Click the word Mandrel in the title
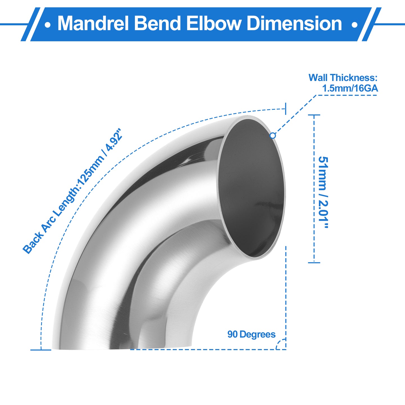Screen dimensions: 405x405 (x=93, y=23)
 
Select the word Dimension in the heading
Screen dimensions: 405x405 (x=294, y=23)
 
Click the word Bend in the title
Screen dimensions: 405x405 (x=157, y=23)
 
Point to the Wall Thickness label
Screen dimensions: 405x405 (x=343, y=78)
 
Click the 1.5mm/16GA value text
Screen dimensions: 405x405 (x=350, y=88)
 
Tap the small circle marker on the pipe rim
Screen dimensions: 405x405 (x=273, y=136)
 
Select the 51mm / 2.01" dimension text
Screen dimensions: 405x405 (x=323, y=192)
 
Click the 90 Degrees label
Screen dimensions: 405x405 (x=251, y=334)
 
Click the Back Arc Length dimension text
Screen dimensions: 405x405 (x=73, y=191)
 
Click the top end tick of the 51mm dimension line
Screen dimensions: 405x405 (x=314, y=115)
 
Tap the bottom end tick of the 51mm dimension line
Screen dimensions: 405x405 (x=314, y=262)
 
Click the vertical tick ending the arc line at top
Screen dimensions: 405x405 (x=285, y=109)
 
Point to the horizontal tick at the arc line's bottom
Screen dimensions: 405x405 (x=41, y=350)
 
